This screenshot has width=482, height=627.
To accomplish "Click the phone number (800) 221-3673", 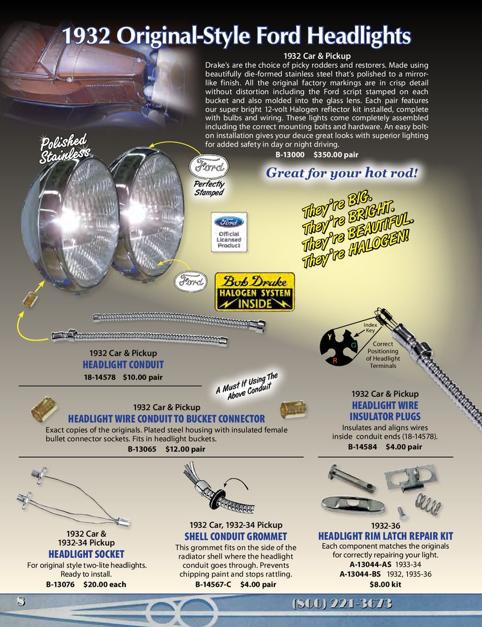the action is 342,603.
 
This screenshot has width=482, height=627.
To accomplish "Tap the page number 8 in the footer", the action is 20,601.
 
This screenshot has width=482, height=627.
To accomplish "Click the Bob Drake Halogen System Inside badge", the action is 255,292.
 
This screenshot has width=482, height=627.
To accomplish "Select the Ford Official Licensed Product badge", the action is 229,232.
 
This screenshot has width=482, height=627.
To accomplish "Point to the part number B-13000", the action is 290,155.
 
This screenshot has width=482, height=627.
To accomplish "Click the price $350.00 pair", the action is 336,155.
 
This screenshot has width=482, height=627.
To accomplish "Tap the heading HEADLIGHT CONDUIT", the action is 123,365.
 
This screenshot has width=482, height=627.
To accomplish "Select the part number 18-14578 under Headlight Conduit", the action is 100,377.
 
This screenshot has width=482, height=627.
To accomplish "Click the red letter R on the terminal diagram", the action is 335,360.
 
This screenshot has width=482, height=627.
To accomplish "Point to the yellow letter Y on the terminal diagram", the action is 330,337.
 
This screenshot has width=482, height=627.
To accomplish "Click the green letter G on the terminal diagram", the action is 354,345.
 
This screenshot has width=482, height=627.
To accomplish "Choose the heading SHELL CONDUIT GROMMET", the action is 236,537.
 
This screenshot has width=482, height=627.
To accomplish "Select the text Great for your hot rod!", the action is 342,173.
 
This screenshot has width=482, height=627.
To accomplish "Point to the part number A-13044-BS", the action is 360,574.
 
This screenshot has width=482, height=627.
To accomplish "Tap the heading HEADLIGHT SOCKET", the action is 86,554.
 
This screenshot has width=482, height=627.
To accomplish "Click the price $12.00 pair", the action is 185,449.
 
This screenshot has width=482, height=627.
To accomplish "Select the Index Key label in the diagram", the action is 370,328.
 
